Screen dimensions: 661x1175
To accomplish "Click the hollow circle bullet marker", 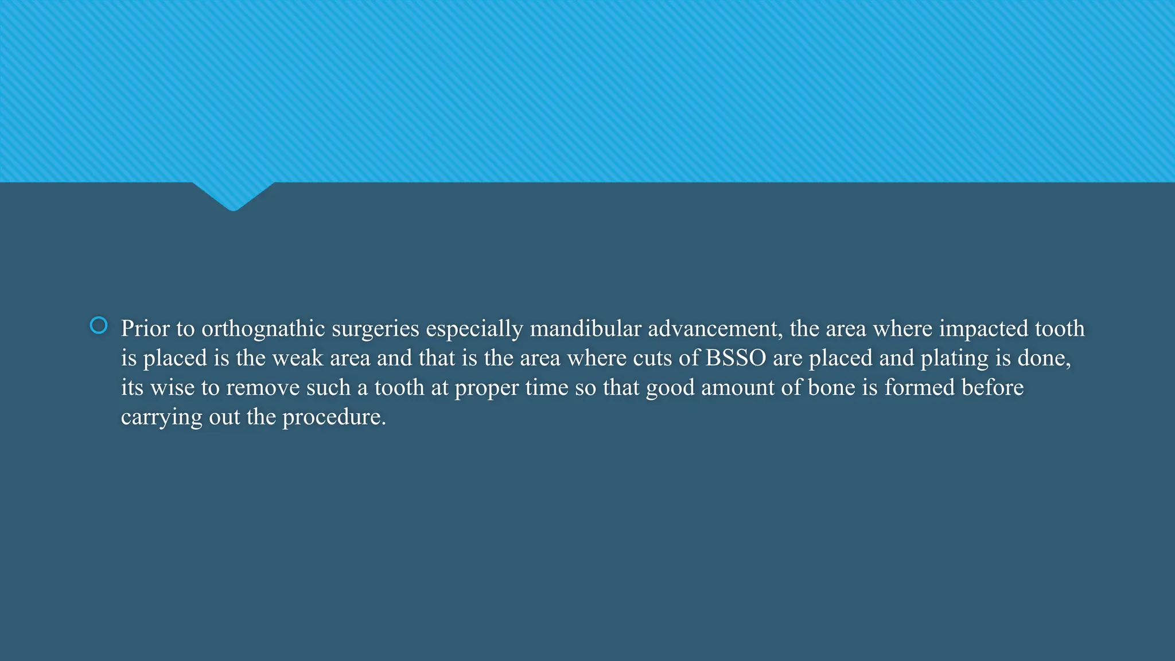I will tap(99, 325).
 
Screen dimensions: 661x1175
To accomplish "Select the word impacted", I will tap(983, 329).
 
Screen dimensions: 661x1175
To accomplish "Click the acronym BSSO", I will tap(736, 358).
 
